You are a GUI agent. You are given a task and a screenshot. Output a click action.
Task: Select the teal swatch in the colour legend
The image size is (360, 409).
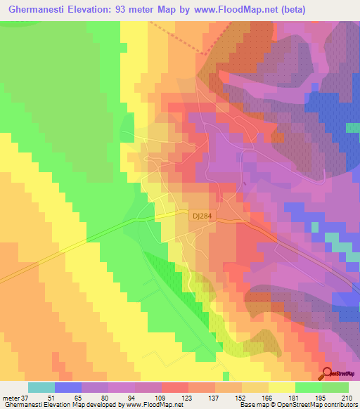(41, 387)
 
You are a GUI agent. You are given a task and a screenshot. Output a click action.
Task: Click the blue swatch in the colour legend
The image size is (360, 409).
(68, 387)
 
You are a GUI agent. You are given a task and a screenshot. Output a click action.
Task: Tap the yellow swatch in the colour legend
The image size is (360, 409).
(282, 387)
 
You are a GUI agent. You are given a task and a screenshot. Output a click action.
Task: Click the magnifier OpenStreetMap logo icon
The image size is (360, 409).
(329, 372)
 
